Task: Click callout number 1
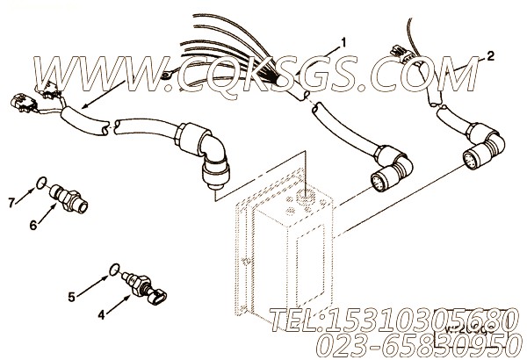pyautogui.click(x=344, y=42)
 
